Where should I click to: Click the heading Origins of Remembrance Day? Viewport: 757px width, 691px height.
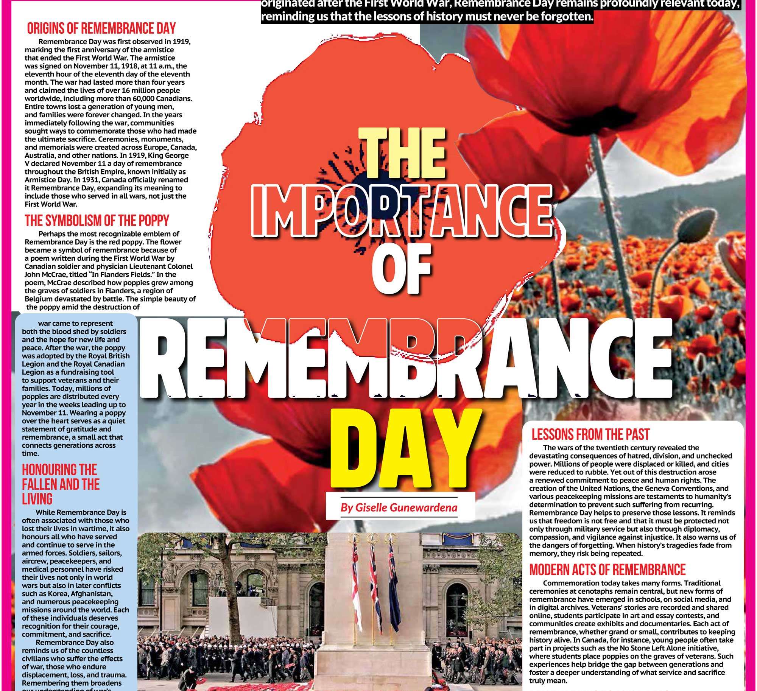pyautogui.click(x=101, y=28)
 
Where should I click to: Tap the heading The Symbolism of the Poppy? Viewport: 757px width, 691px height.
pyautogui.click(x=97, y=220)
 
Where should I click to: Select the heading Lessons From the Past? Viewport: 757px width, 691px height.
pyautogui.click(x=590, y=434)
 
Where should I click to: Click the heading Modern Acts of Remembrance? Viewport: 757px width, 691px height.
pyautogui.click(x=607, y=570)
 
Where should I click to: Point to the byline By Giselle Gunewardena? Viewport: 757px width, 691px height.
pyautogui.click(x=399, y=507)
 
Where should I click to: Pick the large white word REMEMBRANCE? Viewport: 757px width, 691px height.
pyautogui.click(x=402, y=358)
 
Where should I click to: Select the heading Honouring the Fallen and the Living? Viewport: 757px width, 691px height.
pyautogui.click(x=61, y=484)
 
